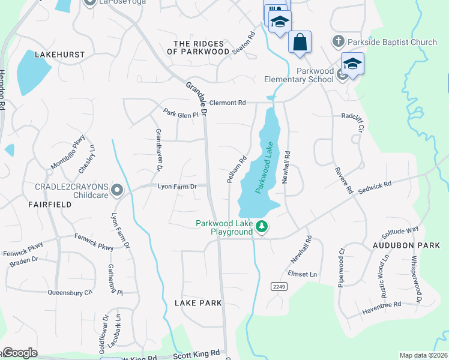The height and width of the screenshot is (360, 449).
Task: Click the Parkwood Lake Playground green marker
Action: click(261, 227)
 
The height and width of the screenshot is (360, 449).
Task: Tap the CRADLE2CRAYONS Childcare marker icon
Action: click(117, 191)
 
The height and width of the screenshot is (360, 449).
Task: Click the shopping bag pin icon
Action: click(300, 43)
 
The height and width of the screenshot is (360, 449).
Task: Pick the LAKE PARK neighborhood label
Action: click(198, 303)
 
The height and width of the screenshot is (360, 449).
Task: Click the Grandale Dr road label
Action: click(196, 98)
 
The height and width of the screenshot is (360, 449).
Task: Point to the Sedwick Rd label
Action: click(375, 187)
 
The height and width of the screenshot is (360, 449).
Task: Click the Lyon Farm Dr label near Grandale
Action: click(177, 187)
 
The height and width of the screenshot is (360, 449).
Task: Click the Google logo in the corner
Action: click(20, 353)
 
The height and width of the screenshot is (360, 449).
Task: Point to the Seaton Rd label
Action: click(244, 43)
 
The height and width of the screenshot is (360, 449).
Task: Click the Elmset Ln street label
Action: click(302, 274)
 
